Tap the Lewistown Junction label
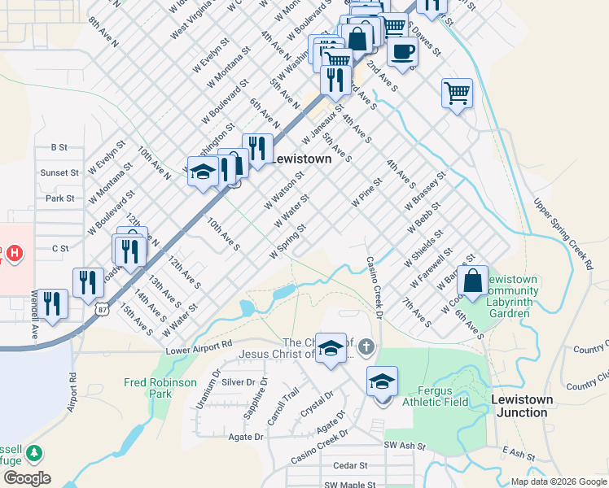[522, 406]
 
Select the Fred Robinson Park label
[160, 387]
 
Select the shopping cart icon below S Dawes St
[457, 92]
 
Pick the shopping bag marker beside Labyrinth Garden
[472, 281]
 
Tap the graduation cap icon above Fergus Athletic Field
[382, 381]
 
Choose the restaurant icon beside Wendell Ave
[53, 304]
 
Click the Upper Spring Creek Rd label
[563, 232]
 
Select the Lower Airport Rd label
[199, 351]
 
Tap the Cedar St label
[351, 466]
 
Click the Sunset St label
[59, 172]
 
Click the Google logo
[26, 478]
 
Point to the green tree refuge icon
[33, 452]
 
